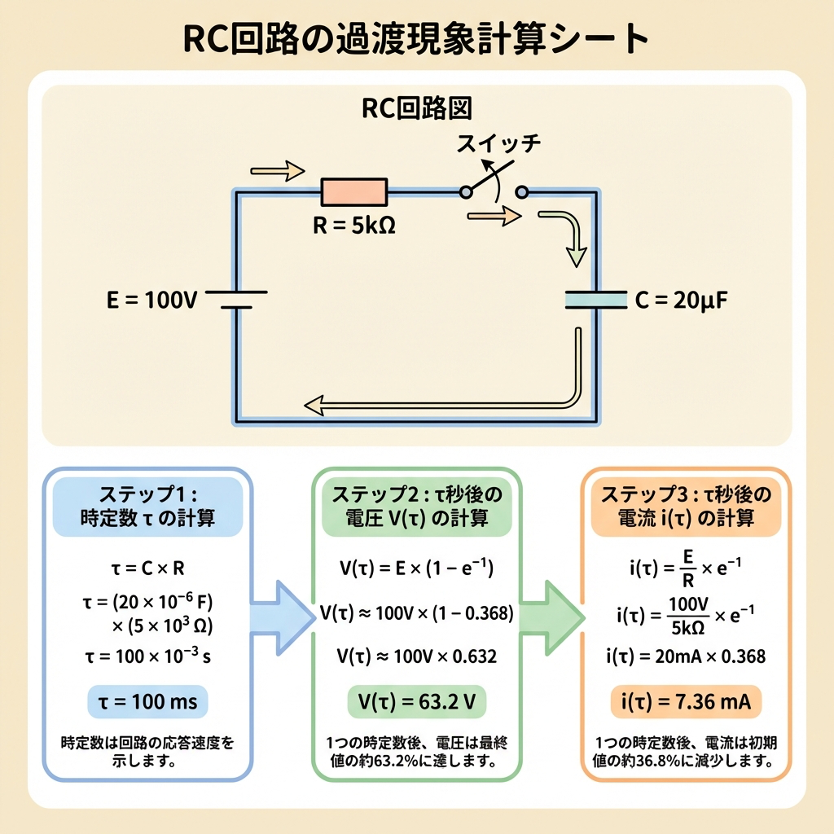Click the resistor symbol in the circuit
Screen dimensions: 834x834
tap(355, 192)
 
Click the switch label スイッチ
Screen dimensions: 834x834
tap(498, 145)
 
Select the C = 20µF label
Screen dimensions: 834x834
tap(680, 300)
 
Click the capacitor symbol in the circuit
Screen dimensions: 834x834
tap(596, 299)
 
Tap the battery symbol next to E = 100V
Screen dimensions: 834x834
tap(236, 300)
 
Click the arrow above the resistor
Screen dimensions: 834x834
tap(278, 170)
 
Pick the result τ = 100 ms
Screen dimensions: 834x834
tap(147, 701)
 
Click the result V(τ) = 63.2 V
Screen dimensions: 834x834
tap(416, 701)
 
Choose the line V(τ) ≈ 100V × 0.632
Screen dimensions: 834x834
tap(416, 656)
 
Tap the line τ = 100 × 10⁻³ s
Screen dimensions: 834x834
tap(147, 656)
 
